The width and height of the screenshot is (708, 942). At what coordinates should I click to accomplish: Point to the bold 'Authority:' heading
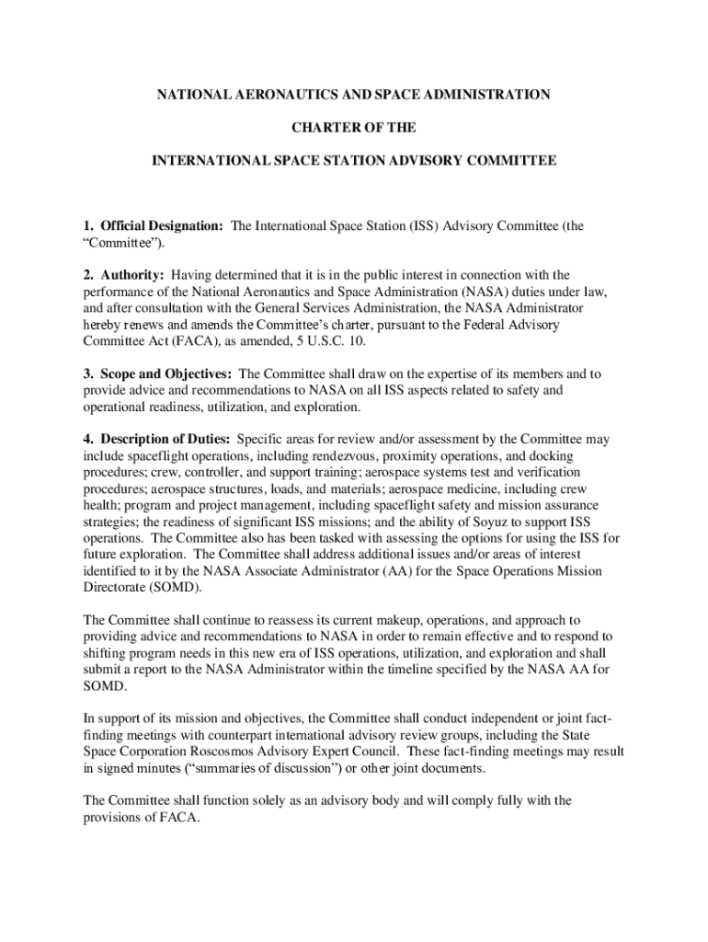tap(132, 275)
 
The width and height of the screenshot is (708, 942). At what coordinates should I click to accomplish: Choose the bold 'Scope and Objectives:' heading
tap(168, 373)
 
